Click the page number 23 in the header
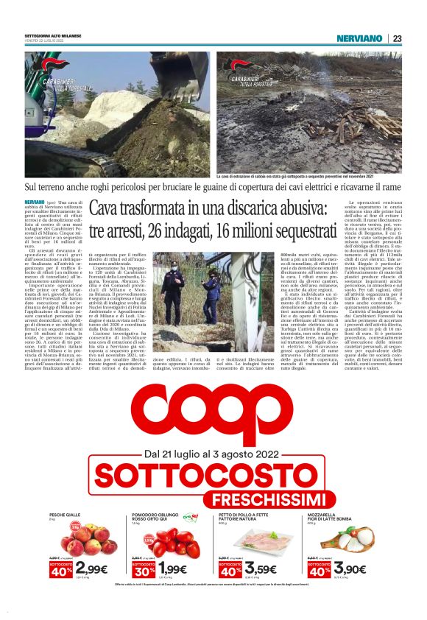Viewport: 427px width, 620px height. coord(397,38)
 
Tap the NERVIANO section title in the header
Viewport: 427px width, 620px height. coord(359,38)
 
